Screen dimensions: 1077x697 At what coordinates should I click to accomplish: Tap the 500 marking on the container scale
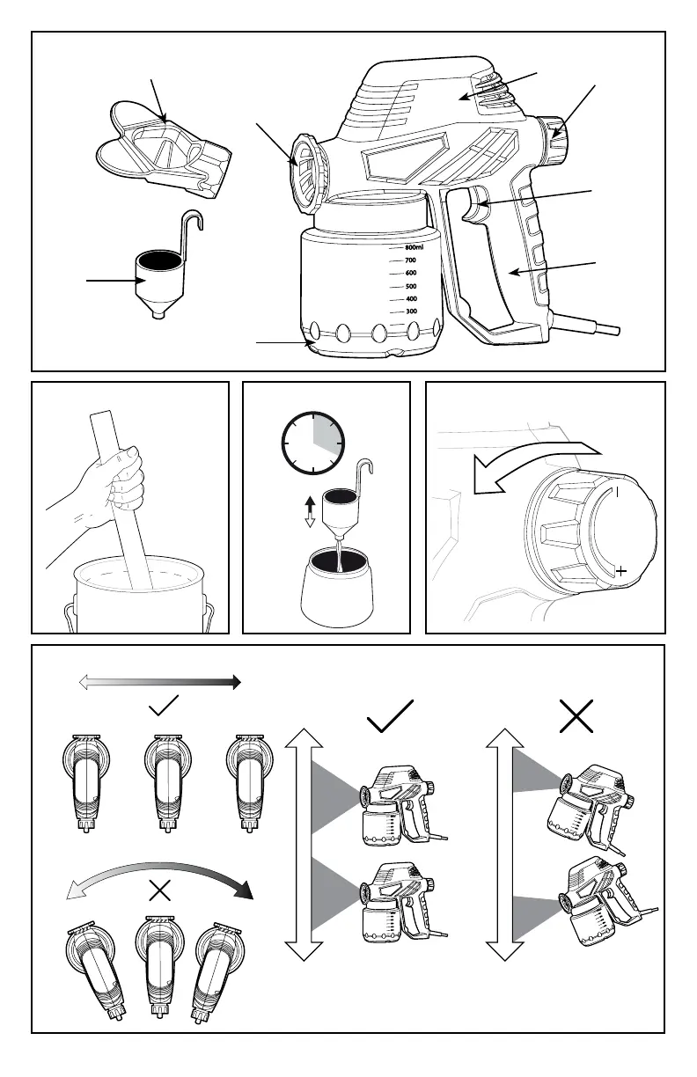410,287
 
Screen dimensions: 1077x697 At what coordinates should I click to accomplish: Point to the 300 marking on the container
410,312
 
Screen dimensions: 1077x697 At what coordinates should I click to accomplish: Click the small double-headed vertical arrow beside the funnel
309,510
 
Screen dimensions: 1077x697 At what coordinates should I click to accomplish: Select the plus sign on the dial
622,572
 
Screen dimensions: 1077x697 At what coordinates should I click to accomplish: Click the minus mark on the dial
618,493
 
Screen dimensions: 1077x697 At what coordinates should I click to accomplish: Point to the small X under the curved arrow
160,890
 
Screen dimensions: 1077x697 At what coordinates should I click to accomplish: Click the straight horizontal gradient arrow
159,681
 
